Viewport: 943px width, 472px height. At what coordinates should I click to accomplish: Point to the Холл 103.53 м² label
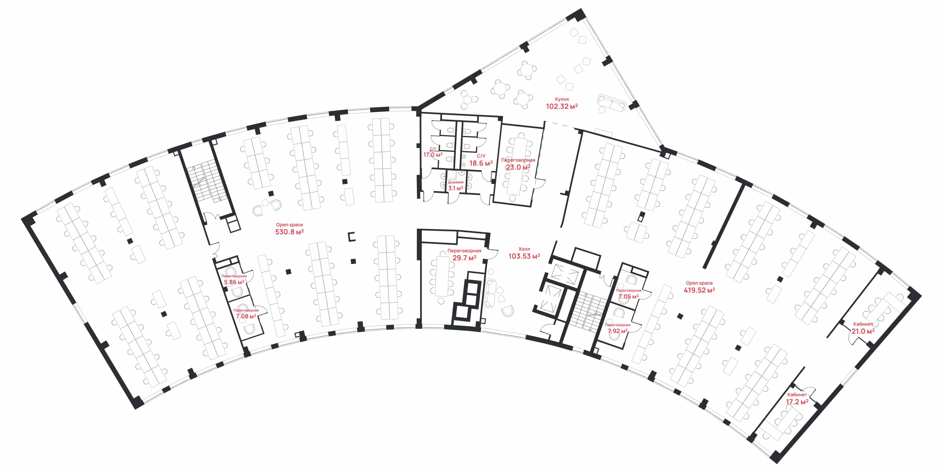[x=524, y=253]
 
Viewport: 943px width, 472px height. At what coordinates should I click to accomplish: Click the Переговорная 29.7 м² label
[x=464, y=255]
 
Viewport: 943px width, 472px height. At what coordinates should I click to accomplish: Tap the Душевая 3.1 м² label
[x=456, y=185]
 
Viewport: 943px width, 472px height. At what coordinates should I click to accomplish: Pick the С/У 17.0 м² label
[x=433, y=152]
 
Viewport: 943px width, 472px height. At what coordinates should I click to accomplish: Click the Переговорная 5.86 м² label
[x=234, y=280]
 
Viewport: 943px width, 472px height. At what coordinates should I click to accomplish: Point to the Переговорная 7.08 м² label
[x=246, y=314]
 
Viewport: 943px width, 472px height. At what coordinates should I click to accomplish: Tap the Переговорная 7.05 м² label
[x=629, y=294]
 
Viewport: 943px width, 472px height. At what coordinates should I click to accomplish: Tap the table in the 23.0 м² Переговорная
[x=517, y=166]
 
